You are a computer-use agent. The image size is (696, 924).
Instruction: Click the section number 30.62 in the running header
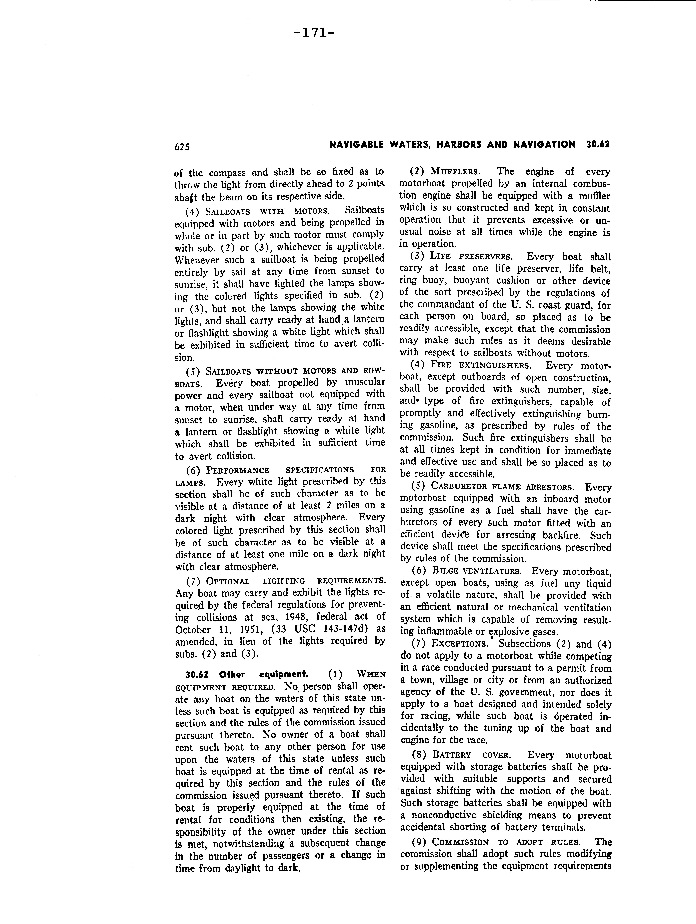(598, 145)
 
